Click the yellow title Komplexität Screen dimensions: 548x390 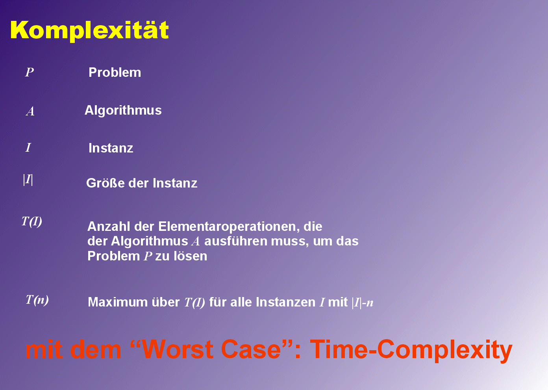pyautogui.click(x=89, y=30)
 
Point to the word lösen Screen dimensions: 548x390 pyautogui.click(x=190, y=256)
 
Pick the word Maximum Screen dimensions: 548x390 pyautogui.click(x=118, y=302)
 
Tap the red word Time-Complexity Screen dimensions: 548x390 pyautogui.click(x=411, y=351)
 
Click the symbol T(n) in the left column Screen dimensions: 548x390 pyautogui.click(x=37, y=300)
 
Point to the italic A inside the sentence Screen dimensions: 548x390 pyautogui.click(x=196, y=241)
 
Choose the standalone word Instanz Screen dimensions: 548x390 pyautogui.click(x=111, y=148)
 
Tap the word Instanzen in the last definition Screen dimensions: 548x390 pyautogui.click(x=286, y=302)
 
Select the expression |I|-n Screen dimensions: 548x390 pyautogui.click(x=363, y=303)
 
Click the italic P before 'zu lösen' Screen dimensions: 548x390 pyautogui.click(x=148, y=256)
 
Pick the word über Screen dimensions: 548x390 pyautogui.click(x=166, y=302)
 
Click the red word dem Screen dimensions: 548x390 pyautogui.click(x=96, y=349)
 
